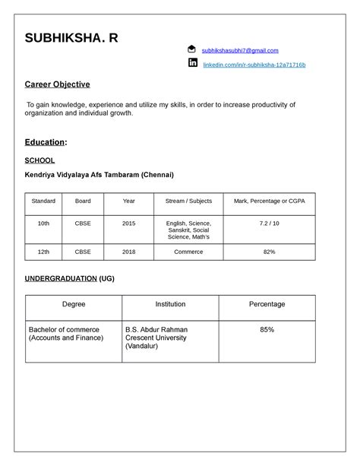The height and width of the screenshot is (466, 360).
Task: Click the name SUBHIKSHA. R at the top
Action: tap(71, 38)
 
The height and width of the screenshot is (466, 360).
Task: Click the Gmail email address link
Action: tap(241, 50)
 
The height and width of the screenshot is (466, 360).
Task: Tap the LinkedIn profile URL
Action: tap(254, 65)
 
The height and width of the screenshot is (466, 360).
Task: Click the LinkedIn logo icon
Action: tap(192, 63)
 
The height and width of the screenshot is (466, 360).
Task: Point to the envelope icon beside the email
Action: tap(192, 49)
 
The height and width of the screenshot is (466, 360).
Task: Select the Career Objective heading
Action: tap(58, 84)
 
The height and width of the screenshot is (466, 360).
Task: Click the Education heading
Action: tap(46, 142)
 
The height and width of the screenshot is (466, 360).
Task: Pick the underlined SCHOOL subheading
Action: tap(39, 160)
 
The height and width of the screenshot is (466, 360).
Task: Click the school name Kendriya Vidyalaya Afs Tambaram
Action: tap(99, 175)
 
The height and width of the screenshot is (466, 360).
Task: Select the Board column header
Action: tap(83, 201)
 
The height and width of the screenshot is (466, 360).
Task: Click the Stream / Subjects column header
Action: tap(188, 201)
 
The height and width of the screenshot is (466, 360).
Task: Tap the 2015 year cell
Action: tap(129, 223)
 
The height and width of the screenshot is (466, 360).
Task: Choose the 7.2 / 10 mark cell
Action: tap(269, 223)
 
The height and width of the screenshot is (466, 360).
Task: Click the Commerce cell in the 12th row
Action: tap(188, 251)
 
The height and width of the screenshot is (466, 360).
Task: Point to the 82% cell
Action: tap(269, 251)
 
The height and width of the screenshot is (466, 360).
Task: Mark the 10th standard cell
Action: tap(43, 223)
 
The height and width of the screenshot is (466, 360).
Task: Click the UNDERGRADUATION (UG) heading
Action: tap(69, 279)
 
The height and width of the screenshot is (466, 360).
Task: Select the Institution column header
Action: tap(170, 304)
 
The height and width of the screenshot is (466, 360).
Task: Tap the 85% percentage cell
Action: tap(267, 330)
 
